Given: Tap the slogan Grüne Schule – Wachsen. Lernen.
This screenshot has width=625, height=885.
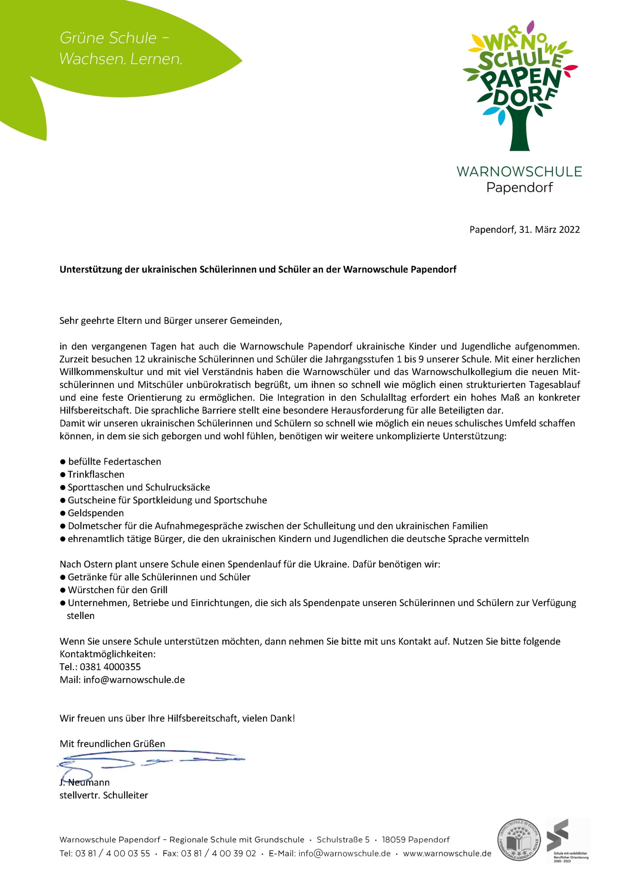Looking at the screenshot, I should pyautogui.click(x=121, y=48).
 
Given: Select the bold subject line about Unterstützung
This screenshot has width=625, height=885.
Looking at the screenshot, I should pyautogui.click(x=258, y=269).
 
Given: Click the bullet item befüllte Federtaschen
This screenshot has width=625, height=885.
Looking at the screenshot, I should pyautogui.click(x=114, y=462).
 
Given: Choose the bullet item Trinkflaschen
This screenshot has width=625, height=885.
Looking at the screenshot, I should pyautogui.click(x=96, y=475).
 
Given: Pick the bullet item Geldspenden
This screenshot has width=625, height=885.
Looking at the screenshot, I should pyautogui.click(x=96, y=513).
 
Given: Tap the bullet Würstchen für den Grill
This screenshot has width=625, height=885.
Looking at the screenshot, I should pyautogui.click(x=117, y=590).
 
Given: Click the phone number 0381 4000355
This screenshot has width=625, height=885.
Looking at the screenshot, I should pyautogui.click(x=110, y=667).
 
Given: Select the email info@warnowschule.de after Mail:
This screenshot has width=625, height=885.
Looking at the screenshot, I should pyautogui.click(x=134, y=680).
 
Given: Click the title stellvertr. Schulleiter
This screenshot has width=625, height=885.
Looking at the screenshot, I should pyautogui.click(x=104, y=795).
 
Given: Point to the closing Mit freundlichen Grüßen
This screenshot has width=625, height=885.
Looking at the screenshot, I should pyautogui.click(x=112, y=744).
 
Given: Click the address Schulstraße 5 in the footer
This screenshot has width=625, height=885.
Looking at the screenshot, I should pyautogui.click(x=343, y=839).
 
